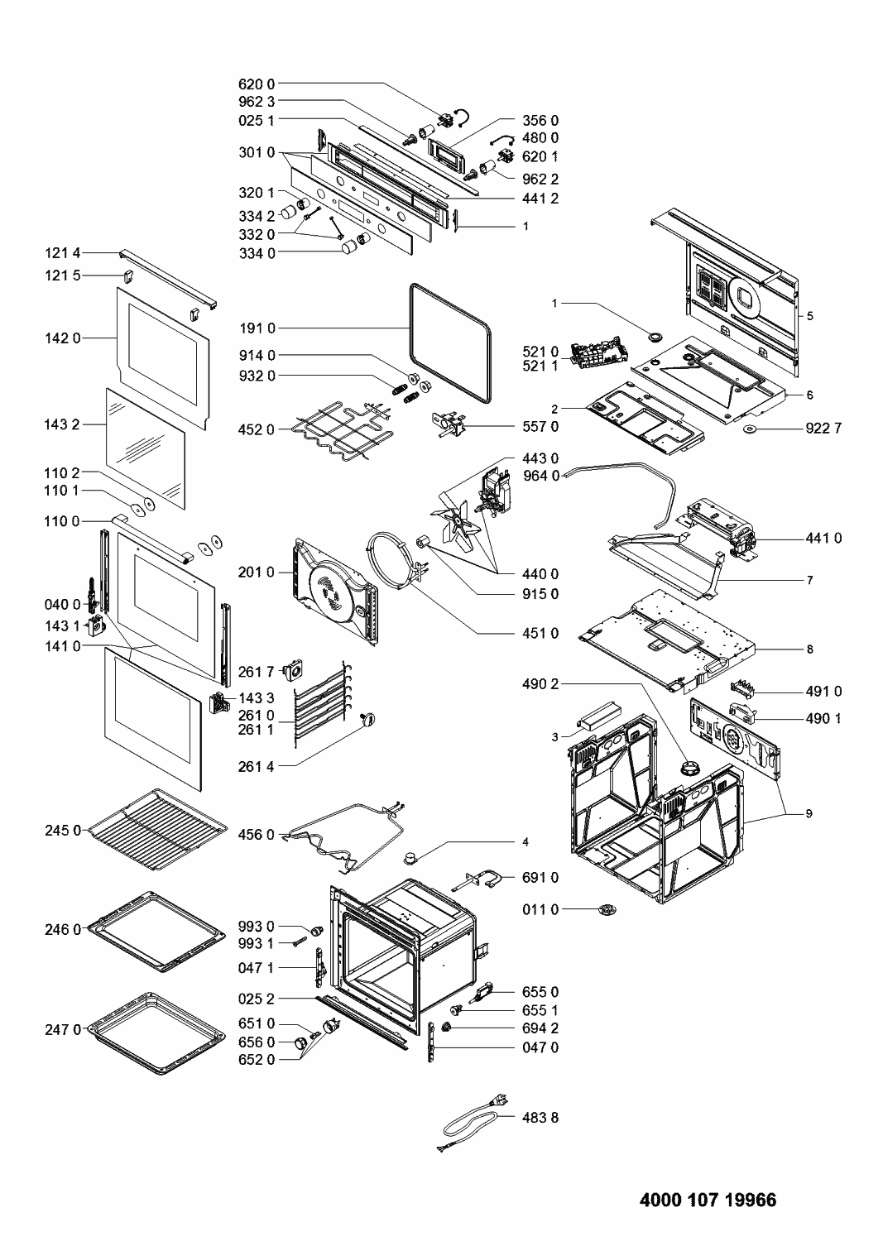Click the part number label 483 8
[541, 1117]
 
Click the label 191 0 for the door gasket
[260, 328]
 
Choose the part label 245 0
[63, 829]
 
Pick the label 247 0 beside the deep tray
[63, 1030]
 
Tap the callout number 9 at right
[810, 814]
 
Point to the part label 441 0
[823, 538]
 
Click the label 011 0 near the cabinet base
[541, 909]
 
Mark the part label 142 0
[63, 338]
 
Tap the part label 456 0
[260, 835]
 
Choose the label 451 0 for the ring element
[541, 634]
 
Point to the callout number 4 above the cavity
[525, 842]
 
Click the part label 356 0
[541, 120]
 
